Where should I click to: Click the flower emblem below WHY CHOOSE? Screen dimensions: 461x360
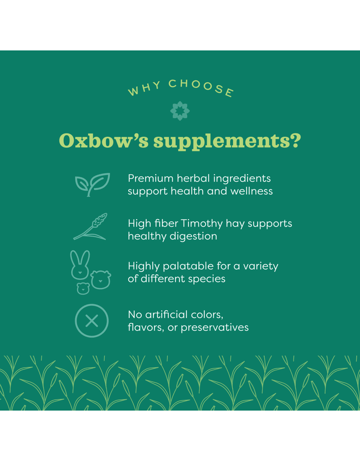[x=180, y=111]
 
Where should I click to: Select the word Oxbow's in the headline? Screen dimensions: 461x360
[x=104, y=141]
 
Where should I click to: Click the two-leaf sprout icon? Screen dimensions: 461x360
[x=92, y=184]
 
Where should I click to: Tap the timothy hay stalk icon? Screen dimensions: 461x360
[x=90, y=226]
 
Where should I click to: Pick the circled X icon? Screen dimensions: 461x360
[x=91, y=321]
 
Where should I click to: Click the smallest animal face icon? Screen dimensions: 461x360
[x=83, y=288]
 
